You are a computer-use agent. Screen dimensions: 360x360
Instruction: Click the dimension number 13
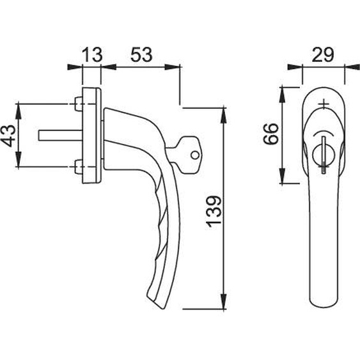pos(92,54)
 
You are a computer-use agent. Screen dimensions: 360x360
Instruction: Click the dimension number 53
pos(141,54)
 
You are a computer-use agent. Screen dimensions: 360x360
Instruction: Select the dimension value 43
pos(10,136)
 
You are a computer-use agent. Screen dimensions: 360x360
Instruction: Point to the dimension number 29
pos(322,55)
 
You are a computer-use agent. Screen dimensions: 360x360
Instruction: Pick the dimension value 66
pos(271,134)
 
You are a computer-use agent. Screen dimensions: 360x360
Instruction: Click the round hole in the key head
pos(195,155)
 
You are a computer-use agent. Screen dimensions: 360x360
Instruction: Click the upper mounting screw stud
pos(79,104)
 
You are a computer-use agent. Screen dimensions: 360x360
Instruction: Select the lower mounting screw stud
pos(79,167)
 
